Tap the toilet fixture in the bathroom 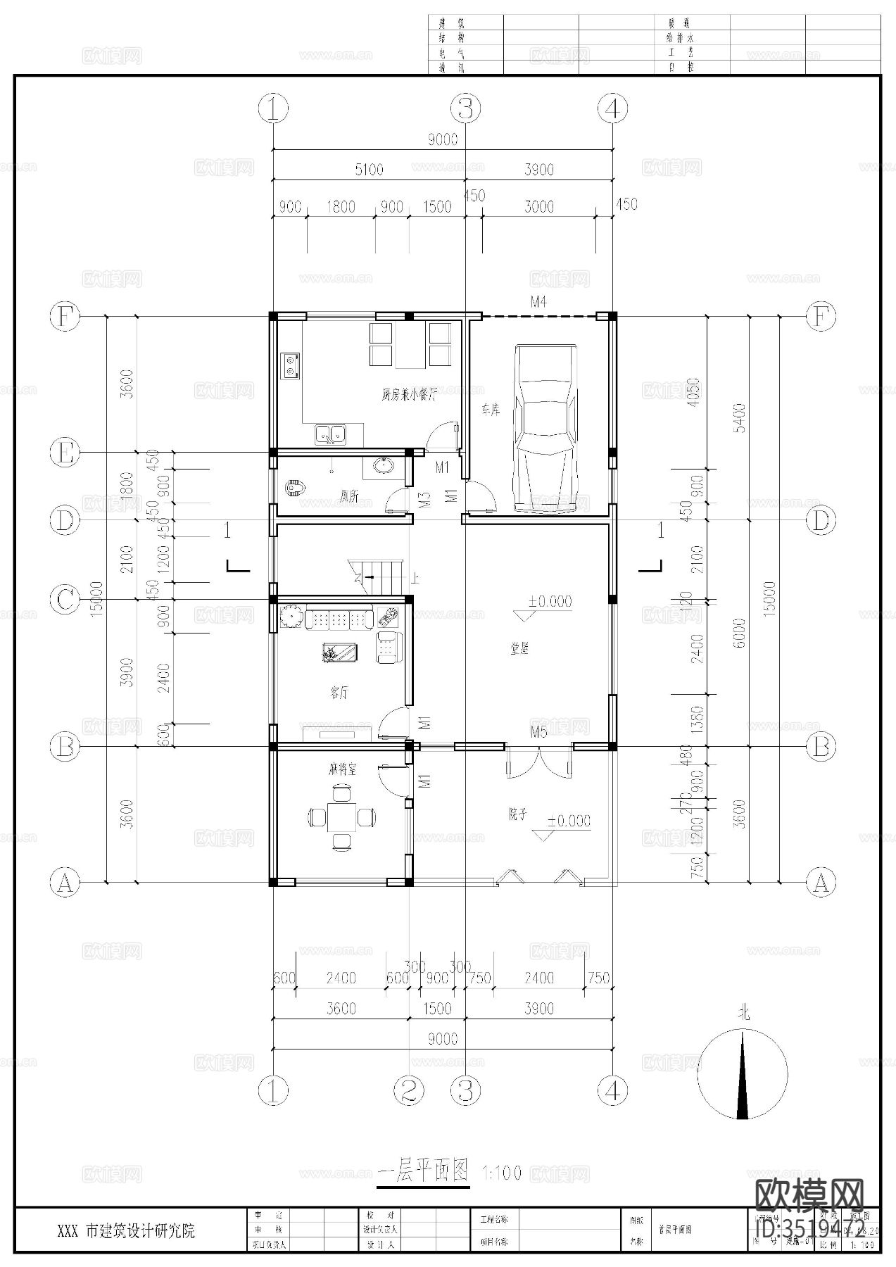[x=295, y=487]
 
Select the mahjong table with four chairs [x=341, y=817]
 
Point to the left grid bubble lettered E [x=65, y=452]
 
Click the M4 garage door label [x=538, y=302]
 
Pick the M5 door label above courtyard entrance [x=538, y=732]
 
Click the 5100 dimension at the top [x=369, y=169]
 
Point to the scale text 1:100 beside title [x=502, y=1173]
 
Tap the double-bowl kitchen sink [x=330, y=434]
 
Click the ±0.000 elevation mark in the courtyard [x=569, y=821]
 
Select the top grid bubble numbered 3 [x=465, y=108]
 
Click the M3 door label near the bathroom [x=424, y=500]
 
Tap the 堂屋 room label [x=519, y=649]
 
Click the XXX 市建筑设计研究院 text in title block [x=127, y=1231]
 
